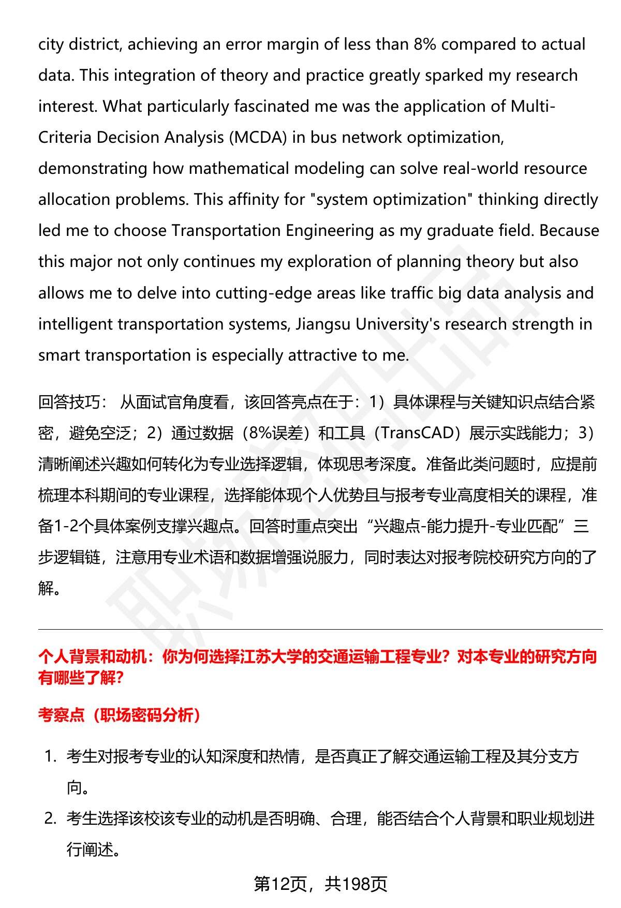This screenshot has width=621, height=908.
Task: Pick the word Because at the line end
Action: [569, 231]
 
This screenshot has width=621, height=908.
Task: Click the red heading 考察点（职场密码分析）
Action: [120, 715]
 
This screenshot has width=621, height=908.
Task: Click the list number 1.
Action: [50, 756]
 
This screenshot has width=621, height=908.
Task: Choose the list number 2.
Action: [50, 818]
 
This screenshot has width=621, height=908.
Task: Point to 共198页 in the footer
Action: [356, 884]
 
